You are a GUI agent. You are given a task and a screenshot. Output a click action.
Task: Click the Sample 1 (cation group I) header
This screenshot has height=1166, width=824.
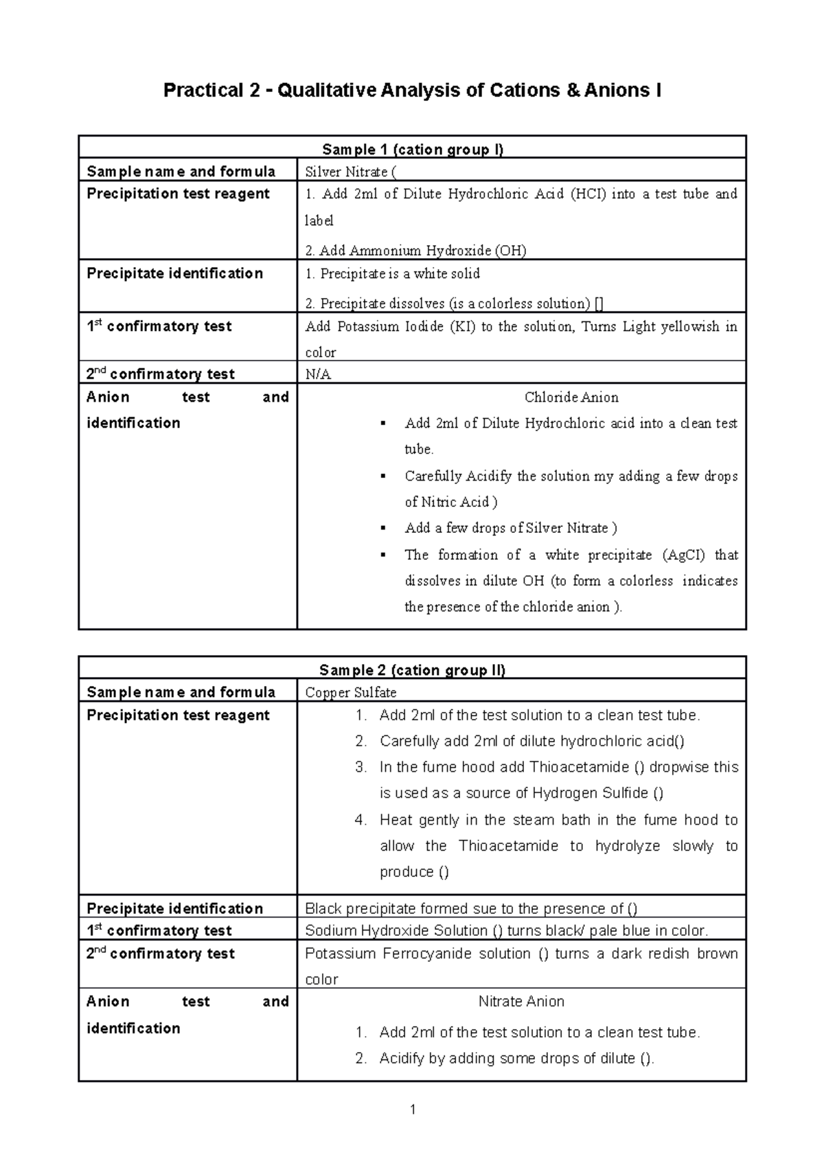[x=413, y=149]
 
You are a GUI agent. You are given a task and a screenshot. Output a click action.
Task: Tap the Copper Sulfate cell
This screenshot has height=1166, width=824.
[x=350, y=692]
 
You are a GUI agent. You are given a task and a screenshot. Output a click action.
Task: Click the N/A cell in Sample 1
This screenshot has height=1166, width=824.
[x=318, y=374]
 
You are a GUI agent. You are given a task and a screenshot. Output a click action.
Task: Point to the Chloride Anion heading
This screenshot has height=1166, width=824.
[x=571, y=397]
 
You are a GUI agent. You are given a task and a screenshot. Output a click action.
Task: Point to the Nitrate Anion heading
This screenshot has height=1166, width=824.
[x=521, y=1001]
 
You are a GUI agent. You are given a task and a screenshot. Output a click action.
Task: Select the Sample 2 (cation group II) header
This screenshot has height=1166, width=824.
[x=413, y=670]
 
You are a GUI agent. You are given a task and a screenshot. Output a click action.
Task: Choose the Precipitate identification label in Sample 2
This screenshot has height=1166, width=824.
[x=174, y=908]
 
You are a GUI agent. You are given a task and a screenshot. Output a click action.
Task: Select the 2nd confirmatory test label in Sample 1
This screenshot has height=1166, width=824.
[x=160, y=374]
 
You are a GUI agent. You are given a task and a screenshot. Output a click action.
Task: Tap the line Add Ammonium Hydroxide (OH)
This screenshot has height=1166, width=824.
[x=415, y=250]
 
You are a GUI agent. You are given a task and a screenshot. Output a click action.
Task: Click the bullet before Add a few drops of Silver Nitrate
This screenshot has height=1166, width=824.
[x=382, y=529]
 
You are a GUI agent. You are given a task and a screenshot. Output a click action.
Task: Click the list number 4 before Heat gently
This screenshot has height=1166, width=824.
[x=361, y=820]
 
